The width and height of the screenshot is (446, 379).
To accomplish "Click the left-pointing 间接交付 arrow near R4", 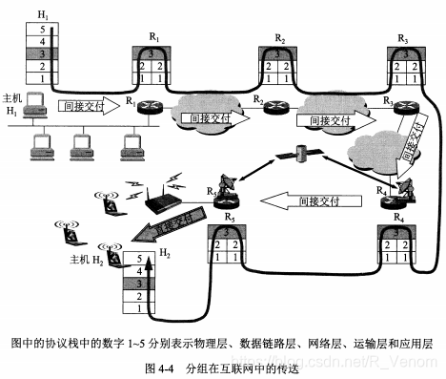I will (306, 201).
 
